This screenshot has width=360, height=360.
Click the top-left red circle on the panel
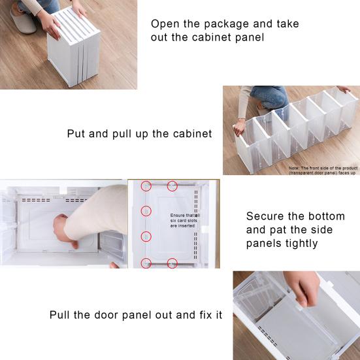148,186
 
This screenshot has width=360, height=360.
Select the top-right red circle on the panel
172,186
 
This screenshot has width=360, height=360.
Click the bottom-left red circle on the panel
147,263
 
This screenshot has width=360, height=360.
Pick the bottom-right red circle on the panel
172,263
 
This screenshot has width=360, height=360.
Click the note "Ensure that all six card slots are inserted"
185,220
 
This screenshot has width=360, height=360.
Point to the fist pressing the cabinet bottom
63,231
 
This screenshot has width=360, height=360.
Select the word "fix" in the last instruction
204,315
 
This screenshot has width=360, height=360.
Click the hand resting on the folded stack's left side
52,26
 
